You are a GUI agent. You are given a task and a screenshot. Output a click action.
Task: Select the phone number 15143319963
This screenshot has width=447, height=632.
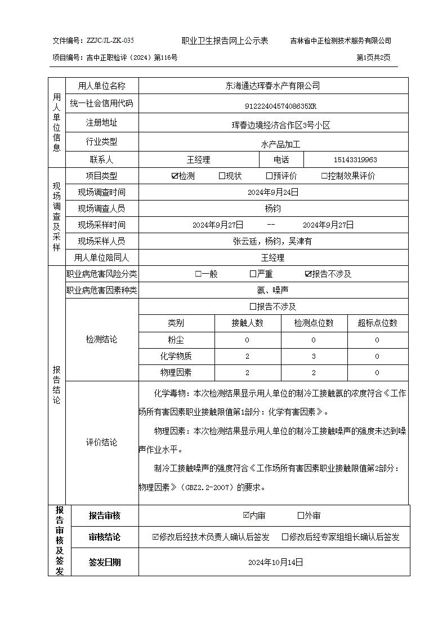355,160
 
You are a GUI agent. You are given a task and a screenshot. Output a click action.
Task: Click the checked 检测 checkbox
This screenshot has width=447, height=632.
175,176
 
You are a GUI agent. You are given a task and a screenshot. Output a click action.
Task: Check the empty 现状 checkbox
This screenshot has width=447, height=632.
222,176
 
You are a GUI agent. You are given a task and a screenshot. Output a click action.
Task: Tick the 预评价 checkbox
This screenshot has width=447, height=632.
269,176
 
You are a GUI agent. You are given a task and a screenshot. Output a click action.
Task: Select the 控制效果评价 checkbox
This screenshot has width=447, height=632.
324,176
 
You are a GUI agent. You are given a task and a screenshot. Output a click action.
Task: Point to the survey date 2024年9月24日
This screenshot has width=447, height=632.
272,192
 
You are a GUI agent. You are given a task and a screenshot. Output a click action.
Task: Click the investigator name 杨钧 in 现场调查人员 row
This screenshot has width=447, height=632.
272,208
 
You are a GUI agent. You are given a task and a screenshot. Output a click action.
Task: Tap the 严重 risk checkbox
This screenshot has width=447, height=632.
253,274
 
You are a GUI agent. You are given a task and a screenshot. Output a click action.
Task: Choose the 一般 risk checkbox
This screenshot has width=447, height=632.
198,274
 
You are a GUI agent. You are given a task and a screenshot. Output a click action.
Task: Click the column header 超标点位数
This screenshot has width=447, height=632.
377,323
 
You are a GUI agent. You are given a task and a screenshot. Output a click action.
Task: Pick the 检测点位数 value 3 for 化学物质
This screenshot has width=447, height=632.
314,356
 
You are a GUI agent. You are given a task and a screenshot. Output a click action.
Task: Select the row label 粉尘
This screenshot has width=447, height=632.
176,340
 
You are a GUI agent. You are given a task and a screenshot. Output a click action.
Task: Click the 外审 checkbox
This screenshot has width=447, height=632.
301,515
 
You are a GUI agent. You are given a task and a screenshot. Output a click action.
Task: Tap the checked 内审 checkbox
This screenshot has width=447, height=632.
246,515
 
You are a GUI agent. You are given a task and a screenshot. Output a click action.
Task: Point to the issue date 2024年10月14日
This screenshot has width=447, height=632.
275,562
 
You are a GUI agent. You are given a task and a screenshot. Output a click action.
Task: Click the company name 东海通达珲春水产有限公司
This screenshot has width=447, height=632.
272,86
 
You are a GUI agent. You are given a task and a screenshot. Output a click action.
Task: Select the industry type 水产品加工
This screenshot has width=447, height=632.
280,144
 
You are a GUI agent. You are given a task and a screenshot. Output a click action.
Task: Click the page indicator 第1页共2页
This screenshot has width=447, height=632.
373,57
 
